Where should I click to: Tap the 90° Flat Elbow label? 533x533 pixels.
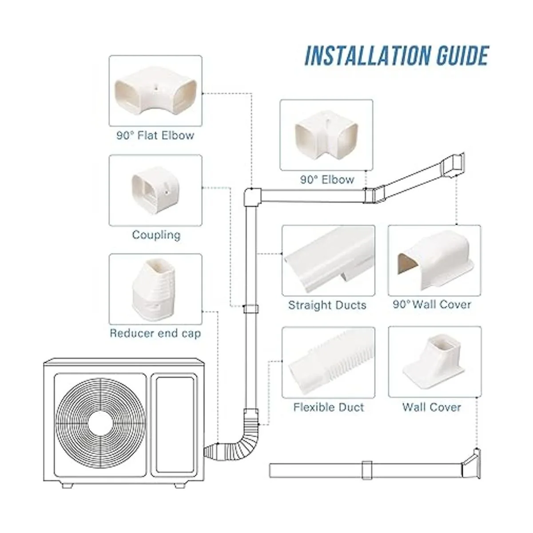coord(155,135)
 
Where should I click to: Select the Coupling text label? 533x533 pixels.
coord(156,235)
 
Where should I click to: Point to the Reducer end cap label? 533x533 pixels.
coord(155,333)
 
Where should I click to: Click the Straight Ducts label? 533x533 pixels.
coord(327,305)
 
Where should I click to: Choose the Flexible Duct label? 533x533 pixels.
coord(328,407)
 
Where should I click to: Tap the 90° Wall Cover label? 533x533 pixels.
coord(432,305)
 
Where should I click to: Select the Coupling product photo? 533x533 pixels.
coord(155,190)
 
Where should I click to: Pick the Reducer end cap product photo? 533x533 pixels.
coord(155,289)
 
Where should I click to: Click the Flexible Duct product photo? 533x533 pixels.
coord(328,362)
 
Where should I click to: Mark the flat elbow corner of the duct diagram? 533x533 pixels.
coord(252,195)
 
